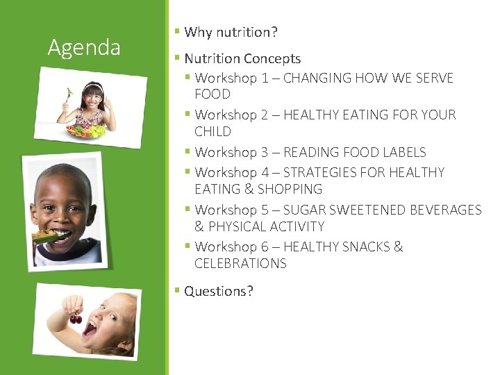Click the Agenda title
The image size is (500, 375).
84,47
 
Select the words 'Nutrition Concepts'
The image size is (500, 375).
242,59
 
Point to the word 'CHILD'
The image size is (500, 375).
212,131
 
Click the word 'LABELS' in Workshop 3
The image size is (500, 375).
403,152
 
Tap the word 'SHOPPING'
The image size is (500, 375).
290,189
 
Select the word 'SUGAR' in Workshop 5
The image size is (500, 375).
304,210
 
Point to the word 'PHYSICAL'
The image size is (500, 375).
237,226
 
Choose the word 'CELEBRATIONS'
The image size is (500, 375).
240,263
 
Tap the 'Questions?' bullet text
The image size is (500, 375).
219,291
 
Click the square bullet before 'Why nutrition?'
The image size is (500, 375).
177,32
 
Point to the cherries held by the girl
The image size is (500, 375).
76,319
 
